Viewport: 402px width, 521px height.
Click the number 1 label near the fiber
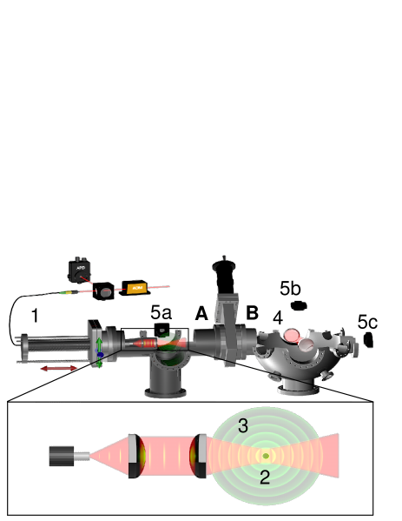click(x=35, y=317)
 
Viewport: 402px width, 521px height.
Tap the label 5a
click(x=161, y=311)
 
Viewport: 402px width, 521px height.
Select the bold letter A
click(x=201, y=313)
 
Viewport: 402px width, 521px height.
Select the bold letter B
click(x=253, y=312)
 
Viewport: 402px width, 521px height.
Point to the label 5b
click(x=290, y=288)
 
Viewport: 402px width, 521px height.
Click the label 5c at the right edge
click(x=366, y=322)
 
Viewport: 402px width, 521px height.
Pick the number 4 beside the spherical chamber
click(x=277, y=317)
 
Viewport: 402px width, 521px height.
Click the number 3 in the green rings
click(x=244, y=425)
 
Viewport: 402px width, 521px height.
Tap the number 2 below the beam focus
click(x=265, y=476)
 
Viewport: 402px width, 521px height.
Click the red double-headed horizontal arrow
click(x=59, y=370)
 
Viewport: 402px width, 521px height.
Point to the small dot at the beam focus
click(x=266, y=455)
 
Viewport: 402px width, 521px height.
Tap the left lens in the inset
click(x=134, y=455)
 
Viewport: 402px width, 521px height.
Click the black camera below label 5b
click(x=299, y=305)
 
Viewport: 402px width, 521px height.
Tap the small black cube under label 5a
click(x=161, y=329)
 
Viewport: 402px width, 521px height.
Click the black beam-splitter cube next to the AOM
click(x=104, y=291)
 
